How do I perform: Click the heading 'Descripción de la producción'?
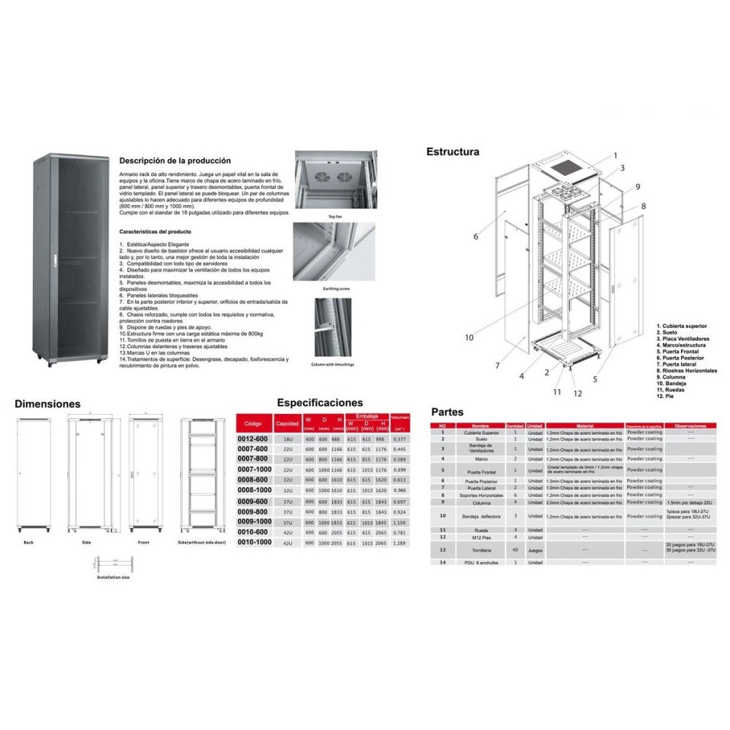pos(174,161)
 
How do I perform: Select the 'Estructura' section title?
pos(453,153)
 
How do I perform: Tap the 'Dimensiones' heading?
pos(47,403)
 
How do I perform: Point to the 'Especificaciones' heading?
pos(320,402)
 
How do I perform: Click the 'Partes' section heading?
pos(447,412)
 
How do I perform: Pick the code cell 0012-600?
pos(253,439)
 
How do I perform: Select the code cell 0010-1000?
pos(255,543)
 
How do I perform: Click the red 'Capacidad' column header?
pos(287,423)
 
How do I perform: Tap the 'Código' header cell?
pos(253,423)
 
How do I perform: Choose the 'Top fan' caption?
pos(335,217)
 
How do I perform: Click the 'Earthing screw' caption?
pos(336,289)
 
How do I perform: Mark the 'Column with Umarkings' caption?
pos(337,363)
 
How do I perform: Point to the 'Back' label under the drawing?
pos(28,543)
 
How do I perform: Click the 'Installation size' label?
pos(113,577)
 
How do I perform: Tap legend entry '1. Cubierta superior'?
pos(691,326)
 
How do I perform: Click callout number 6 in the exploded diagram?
pos(475,236)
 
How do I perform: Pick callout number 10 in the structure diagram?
pos(469,337)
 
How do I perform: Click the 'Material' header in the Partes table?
pos(585,425)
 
